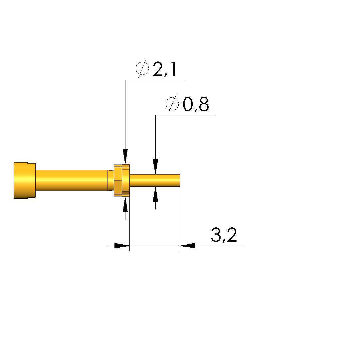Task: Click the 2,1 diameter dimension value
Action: tap(165, 69)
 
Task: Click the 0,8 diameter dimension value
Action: tap(196, 104)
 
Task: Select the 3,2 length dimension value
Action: tap(224, 235)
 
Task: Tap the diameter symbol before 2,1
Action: tap(142, 68)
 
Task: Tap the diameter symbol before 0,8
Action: tap(172, 104)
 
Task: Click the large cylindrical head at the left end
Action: tap(25, 180)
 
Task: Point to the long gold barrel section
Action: tap(72, 180)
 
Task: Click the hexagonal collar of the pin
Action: tap(122, 180)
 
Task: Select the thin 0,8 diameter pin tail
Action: tap(155, 180)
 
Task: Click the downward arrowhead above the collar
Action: tap(125, 156)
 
